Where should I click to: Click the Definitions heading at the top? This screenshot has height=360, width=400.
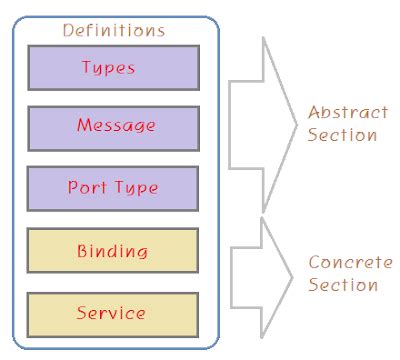(113, 30)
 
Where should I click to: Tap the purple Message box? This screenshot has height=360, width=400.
(112, 127)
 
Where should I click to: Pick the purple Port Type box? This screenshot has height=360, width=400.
(112, 188)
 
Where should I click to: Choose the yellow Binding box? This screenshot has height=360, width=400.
(112, 250)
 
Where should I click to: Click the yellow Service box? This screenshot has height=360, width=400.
(112, 312)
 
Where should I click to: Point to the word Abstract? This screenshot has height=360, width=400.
(347, 112)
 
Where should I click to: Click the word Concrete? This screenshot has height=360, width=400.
(347, 264)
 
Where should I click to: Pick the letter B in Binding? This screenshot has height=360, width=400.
(82, 250)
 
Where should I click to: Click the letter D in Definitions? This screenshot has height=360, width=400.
(67, 30)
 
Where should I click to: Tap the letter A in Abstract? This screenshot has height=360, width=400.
(313, 112)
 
